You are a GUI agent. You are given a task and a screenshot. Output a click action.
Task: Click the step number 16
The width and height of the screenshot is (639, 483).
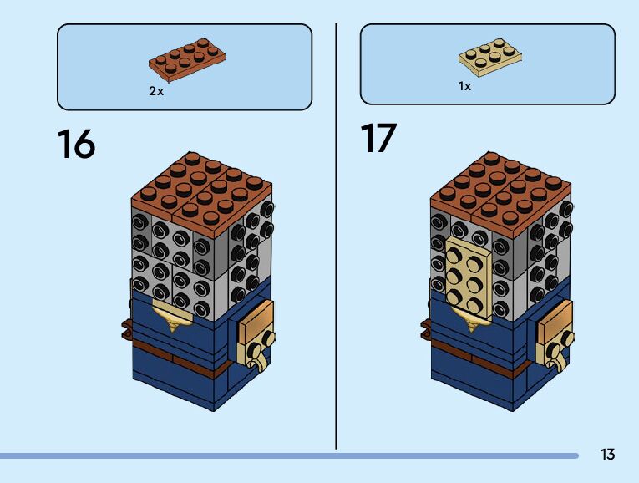[x=76, y=144]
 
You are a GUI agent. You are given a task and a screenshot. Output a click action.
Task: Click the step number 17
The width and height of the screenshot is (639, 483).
[x=378, y=139]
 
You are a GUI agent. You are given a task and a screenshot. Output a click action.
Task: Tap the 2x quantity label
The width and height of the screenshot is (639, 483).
[x=156, y=91]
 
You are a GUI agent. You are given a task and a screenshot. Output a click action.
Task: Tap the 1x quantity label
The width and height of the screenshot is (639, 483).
[x=464, y=86]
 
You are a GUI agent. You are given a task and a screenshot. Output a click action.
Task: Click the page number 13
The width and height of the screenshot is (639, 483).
[x=607, y=455]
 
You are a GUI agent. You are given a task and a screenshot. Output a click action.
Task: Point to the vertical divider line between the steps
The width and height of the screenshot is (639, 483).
[x=337, y=234]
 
